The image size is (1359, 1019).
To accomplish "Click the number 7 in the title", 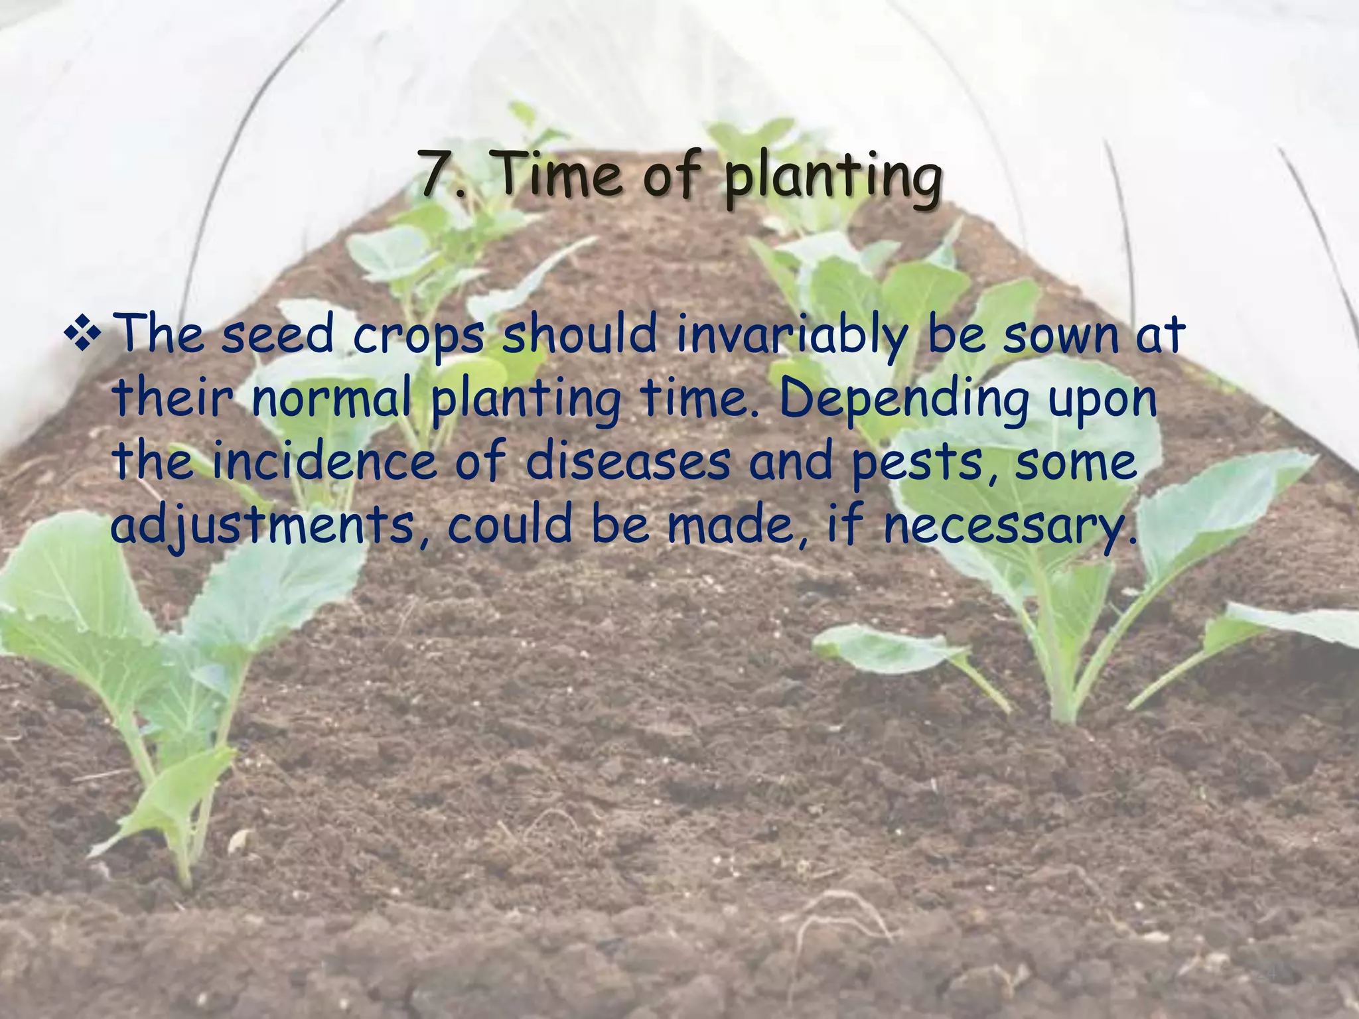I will click(437, 174).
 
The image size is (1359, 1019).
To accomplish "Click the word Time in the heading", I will click(559, 174).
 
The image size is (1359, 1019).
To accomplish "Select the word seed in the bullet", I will click(277, 335).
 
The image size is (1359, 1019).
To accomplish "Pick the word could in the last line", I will click(510, 524).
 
